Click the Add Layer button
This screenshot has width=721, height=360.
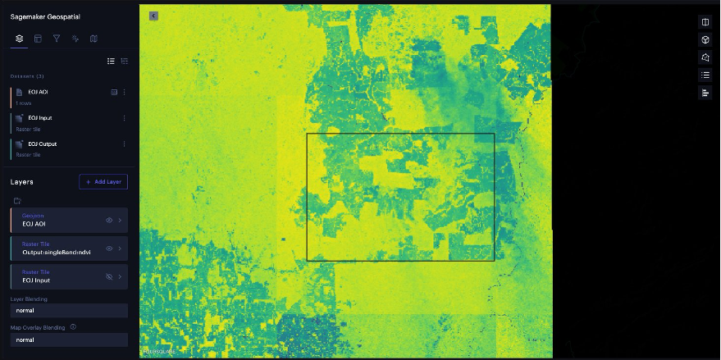(x=103, y=181)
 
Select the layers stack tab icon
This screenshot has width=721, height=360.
(x=20, y=38)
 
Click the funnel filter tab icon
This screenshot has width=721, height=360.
(x=57, y=38)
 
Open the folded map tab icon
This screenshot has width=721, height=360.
(x=94, y=38)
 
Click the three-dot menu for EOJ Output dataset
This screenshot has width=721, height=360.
(x=124, y=144)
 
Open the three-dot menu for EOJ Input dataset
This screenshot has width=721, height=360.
(x=124, y=118)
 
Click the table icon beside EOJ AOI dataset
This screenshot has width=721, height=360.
(x=114, y=92)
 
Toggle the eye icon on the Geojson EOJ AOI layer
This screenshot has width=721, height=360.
(x=109, y=220)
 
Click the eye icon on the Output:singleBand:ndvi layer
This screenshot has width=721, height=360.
(x=109, y=248)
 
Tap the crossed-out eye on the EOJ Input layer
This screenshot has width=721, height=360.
(x=109, y=276)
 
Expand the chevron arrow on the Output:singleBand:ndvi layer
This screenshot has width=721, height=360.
(x=120, y=248)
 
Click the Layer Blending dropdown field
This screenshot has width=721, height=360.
(x=69, y=311)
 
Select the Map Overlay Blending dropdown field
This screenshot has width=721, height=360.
(x=69, y=339)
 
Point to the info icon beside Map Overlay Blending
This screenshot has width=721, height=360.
(x=74, y=327)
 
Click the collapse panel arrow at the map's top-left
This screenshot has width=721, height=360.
(x=153, y=16)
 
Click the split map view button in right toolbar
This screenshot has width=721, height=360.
(x=705, y=22)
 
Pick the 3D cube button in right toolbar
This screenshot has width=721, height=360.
(x=705, y=39)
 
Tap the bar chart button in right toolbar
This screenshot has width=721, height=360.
(x=705, y=93)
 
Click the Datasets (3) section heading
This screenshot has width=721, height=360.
(x=28, y=76)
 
